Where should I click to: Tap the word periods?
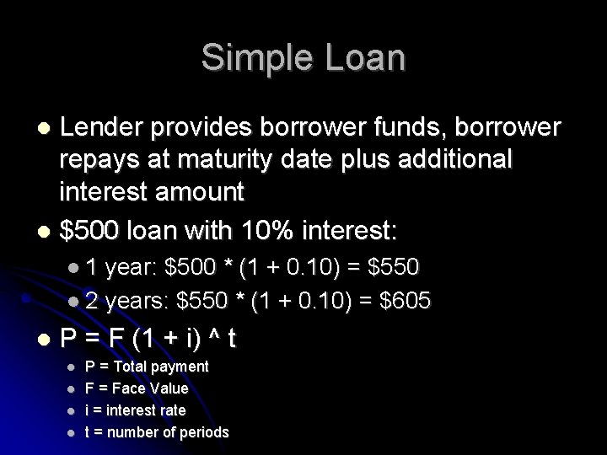pos(202,432)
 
